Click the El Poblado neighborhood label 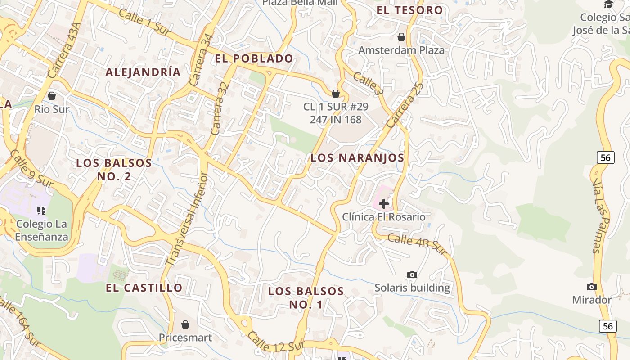tap(254, 58)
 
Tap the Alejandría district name tap(143, 72)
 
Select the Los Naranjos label tap(357, 158)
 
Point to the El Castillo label tap(144, 288)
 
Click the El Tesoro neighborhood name tap(409, 10)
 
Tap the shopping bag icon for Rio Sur tap(52, 96)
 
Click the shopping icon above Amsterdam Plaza tap(401, 37)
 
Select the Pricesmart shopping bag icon tap(185, 324)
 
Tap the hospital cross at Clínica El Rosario tap(383, 204)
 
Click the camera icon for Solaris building tap(412, 274)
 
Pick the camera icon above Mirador tap(591, 287)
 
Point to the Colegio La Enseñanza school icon tap(42, 210)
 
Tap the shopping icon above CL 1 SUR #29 tap(335, 94)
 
